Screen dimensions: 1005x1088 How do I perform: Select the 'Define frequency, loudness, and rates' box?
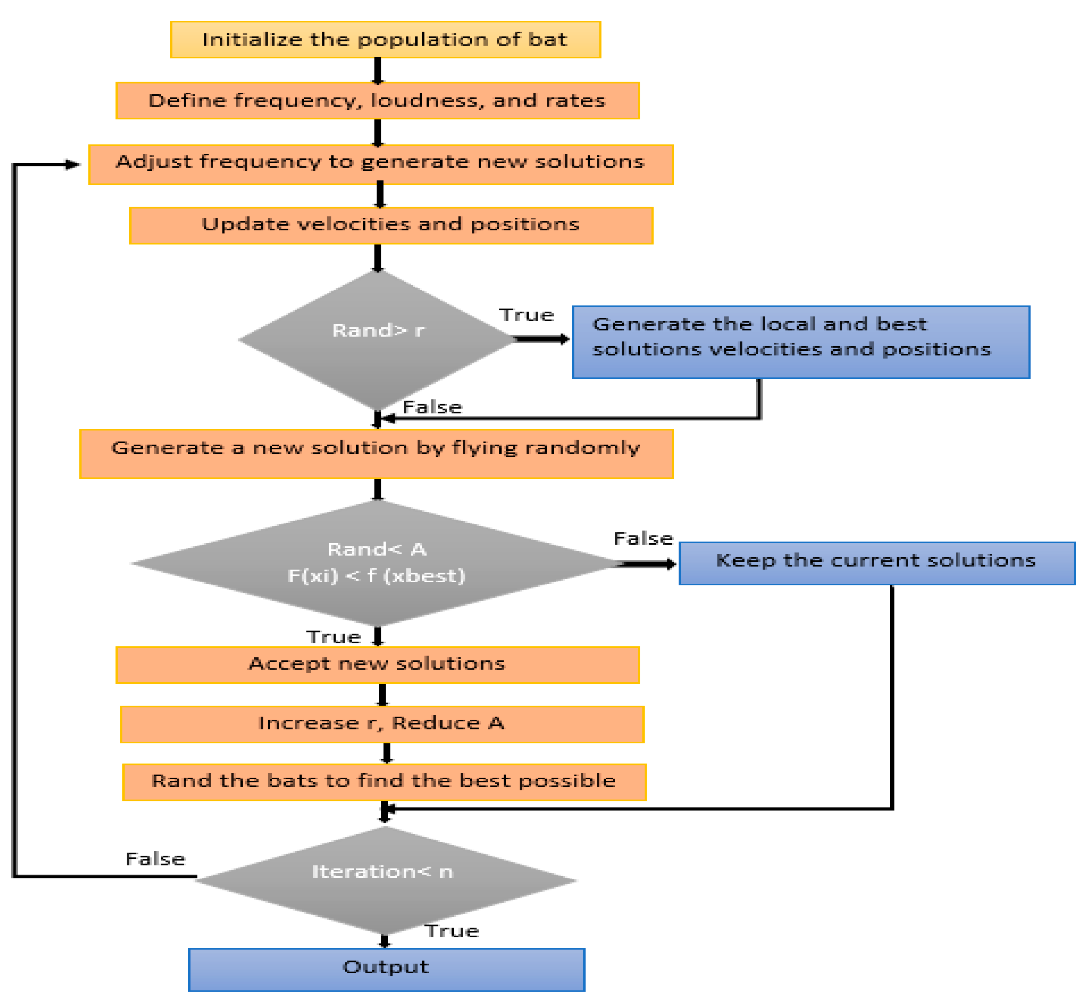click(377, 100)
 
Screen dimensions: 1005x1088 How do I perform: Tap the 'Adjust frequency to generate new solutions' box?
click(381, 164)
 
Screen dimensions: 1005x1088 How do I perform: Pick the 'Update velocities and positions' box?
click(390, 225)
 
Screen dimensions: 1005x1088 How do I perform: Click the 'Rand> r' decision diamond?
click(377, 339)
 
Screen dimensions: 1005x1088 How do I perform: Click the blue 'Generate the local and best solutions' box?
click(801, 342)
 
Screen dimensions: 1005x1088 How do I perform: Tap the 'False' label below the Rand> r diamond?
click(432, 407)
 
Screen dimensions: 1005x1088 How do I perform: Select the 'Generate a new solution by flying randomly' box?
click(377, 453)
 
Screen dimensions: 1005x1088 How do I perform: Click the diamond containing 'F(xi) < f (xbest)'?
click(377, 563)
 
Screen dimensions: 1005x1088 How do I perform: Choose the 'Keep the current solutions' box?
click(876, 563)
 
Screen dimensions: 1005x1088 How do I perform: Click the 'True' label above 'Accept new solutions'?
click(334, 637)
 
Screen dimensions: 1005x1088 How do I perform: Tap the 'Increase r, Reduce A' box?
click(382, 724)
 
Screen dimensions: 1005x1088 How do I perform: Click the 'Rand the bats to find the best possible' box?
click(384, 782)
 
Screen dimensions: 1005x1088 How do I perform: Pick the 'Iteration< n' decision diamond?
click(384, 880)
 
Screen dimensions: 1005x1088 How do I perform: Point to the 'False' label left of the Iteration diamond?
click(155, 859)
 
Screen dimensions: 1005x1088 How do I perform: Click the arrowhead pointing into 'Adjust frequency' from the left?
click(72, 164)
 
